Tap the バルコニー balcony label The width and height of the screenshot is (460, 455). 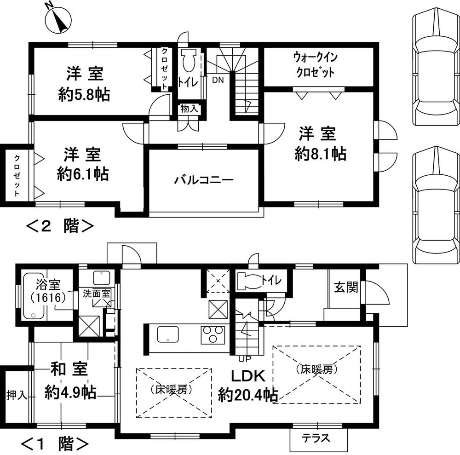click(x=203, y=180)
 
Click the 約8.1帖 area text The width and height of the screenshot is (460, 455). click(x=320, y=154)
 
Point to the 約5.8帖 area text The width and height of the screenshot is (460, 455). click(x=84, y=95)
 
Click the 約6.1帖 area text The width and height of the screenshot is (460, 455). click(x=83, y=174)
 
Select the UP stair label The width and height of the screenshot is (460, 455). click(x=244, y=358)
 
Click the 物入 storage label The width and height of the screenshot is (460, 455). click(x=189, y=109)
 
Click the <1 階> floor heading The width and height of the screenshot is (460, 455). click(x=55, y=444)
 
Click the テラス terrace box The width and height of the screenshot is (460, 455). click(x=316, y=438)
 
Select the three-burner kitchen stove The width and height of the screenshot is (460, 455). click(x=213, y=334)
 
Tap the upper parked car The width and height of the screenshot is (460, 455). click(x=435, y=69)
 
